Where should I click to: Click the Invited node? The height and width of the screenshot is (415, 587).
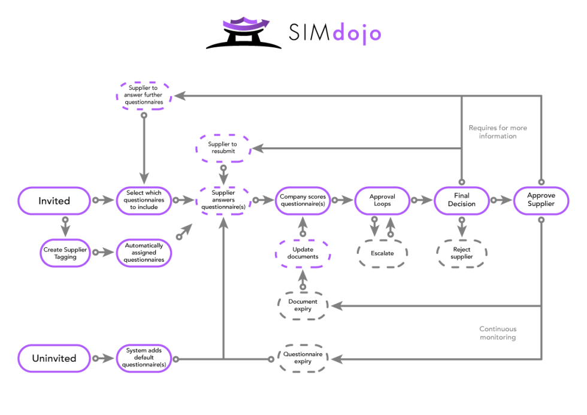click(x=55, y=201)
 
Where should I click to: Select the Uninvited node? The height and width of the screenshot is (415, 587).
click(x=55, y=358)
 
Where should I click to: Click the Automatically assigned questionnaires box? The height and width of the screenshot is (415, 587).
click(x=144, y=252)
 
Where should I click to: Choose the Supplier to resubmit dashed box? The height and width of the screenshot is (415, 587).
click(x=222, y=147)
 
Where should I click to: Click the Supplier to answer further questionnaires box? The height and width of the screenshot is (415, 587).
click(x=143, y=95)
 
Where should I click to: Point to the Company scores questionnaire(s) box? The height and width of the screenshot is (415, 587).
click(x=302, y=200)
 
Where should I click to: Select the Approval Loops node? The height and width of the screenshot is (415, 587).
click(x=382, y=200)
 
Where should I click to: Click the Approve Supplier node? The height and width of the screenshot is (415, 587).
click(x=541, y=200)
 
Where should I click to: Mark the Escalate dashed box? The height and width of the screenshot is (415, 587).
click(x=382, y=253)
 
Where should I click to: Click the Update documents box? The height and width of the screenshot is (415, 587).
click(x=302, y=253)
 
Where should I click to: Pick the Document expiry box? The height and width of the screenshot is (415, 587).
click(x=302, y=305)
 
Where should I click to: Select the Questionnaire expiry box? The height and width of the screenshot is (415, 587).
click(x=302, y=358)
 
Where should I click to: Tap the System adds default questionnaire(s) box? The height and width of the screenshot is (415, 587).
click(x=144, y=358)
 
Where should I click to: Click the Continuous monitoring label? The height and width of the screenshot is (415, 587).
click(x=498, y=333)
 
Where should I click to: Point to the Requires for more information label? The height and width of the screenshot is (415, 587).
click(x=498, y=132)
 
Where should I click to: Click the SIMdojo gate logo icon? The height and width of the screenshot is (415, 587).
click(x=244, y=33)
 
